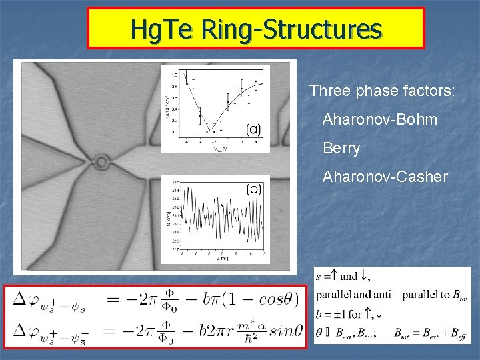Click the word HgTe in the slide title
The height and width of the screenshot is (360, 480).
[x=157, y=29]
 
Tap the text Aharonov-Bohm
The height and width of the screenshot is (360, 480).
[x=380, y=120]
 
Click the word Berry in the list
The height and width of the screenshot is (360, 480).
[x=341, y=149]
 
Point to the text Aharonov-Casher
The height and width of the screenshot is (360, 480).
[x=385, y=177]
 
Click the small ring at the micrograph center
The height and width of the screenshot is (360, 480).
[x=102, y=161]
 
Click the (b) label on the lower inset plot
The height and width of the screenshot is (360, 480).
[x=254, y=189]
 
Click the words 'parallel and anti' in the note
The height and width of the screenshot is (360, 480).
[x=349, y=295]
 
